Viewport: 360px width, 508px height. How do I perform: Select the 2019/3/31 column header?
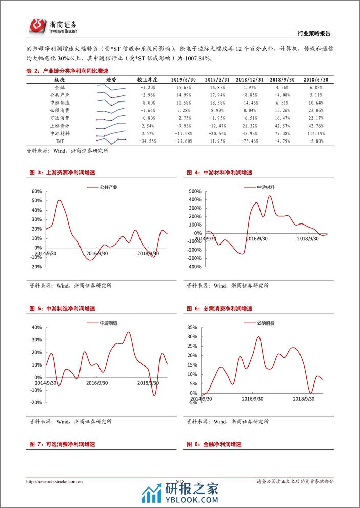point(216,80)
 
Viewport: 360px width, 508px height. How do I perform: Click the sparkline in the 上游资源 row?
point(111,125)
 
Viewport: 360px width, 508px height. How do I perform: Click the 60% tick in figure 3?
point(36,191)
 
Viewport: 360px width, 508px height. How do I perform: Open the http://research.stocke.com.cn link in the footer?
point(55,481)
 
